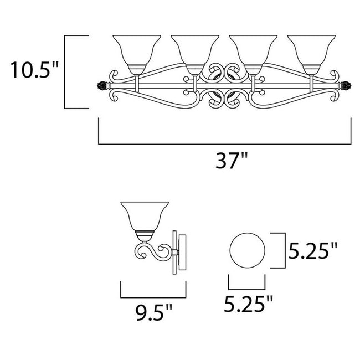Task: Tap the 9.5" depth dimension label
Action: (151, 319)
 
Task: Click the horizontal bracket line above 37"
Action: (225, 144)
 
